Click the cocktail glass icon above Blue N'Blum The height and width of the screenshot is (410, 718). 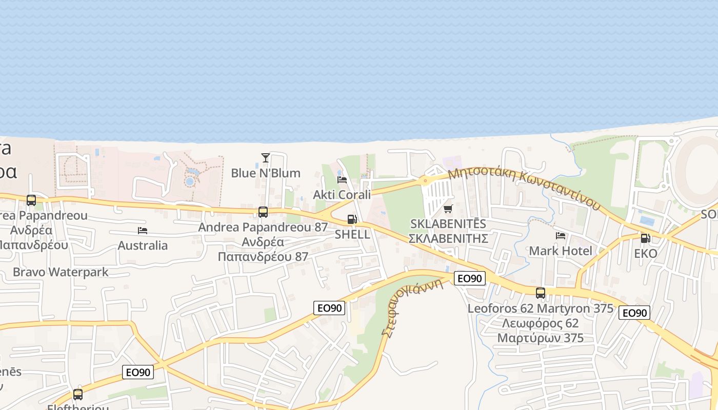(x=265, y=157)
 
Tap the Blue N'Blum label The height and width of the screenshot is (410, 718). (x=266, y=173)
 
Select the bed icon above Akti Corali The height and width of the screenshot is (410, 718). (x=342, y=179)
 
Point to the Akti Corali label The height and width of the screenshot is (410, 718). (x=342, y=195)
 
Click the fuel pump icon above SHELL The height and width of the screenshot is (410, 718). (x=352, y=219)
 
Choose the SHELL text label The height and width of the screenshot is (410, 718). (x=352, y=235)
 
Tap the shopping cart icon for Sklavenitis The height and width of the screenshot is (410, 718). (x=448, y=209)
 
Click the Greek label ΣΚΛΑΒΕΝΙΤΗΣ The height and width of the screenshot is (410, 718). (x=447, y=238)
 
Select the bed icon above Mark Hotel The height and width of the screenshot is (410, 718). (x=561, y=236)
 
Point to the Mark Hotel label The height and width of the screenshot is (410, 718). (x=561, y=251)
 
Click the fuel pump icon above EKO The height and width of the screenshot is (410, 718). (x=645, y=238)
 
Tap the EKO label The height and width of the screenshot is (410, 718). (x=645, y=254)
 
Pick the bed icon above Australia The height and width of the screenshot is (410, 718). (x=143, y=231)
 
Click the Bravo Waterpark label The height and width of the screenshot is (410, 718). (x=61, y=272)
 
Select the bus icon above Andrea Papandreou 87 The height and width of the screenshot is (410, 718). (x=263, y=212)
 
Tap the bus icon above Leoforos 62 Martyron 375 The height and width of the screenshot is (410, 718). (x=541, y=293)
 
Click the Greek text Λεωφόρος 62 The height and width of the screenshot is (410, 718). (x=541, y=323)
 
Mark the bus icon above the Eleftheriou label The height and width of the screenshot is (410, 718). (x=78, y=395)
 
